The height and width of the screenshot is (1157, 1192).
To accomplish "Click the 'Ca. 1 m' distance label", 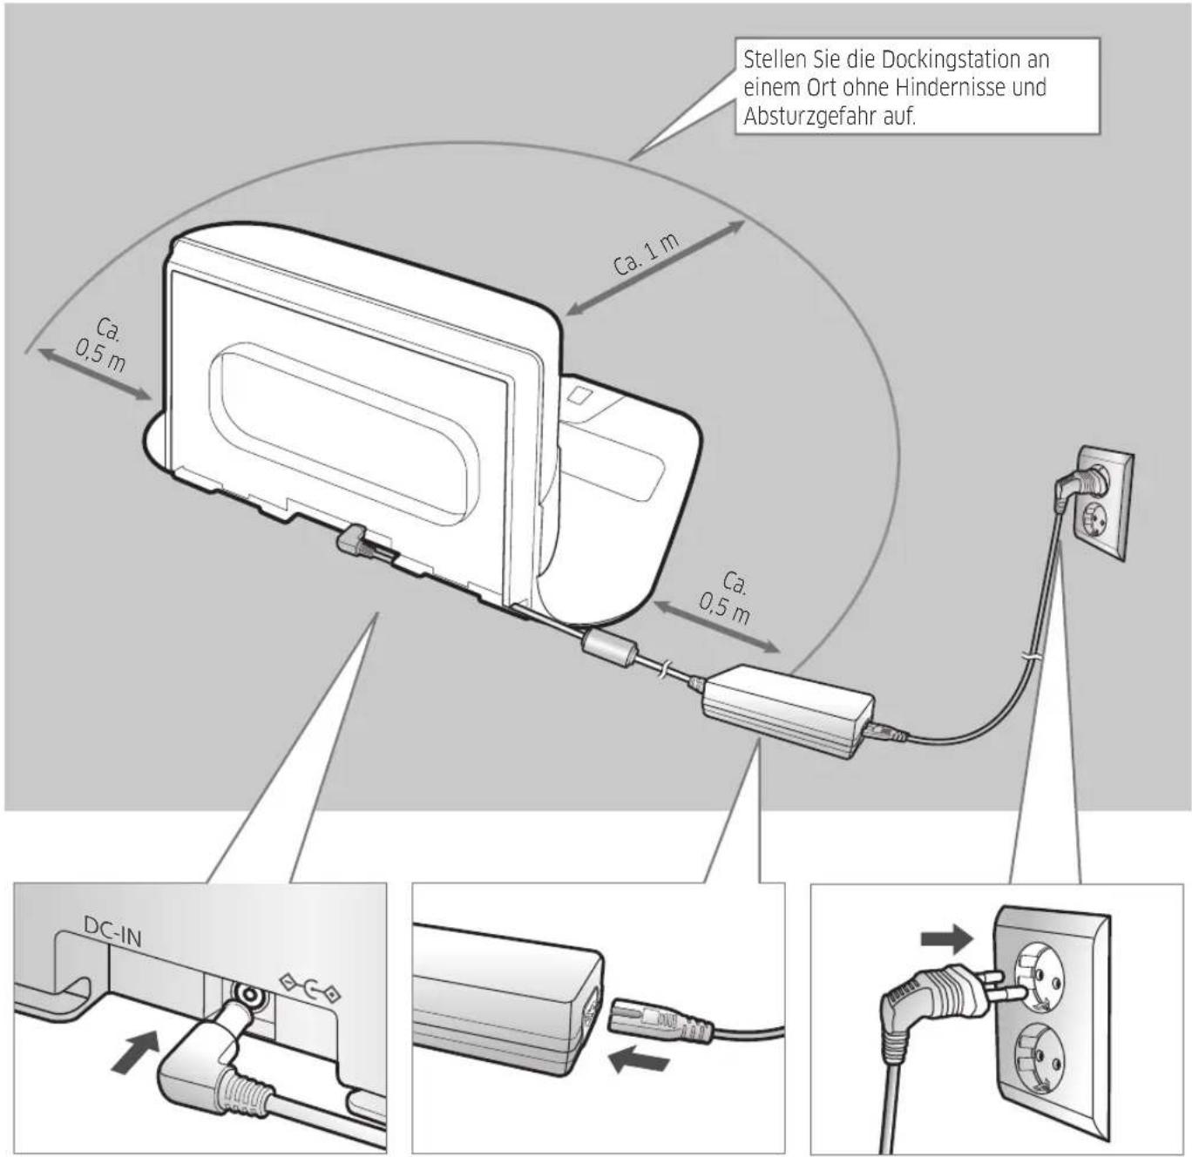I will [x=646, y=254].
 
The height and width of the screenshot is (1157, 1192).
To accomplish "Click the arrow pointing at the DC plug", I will [x=138, y=1051].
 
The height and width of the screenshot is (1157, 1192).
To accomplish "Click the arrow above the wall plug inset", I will [x=946, y=939].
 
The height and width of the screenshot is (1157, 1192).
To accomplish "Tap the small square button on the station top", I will [x=579, y=396].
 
